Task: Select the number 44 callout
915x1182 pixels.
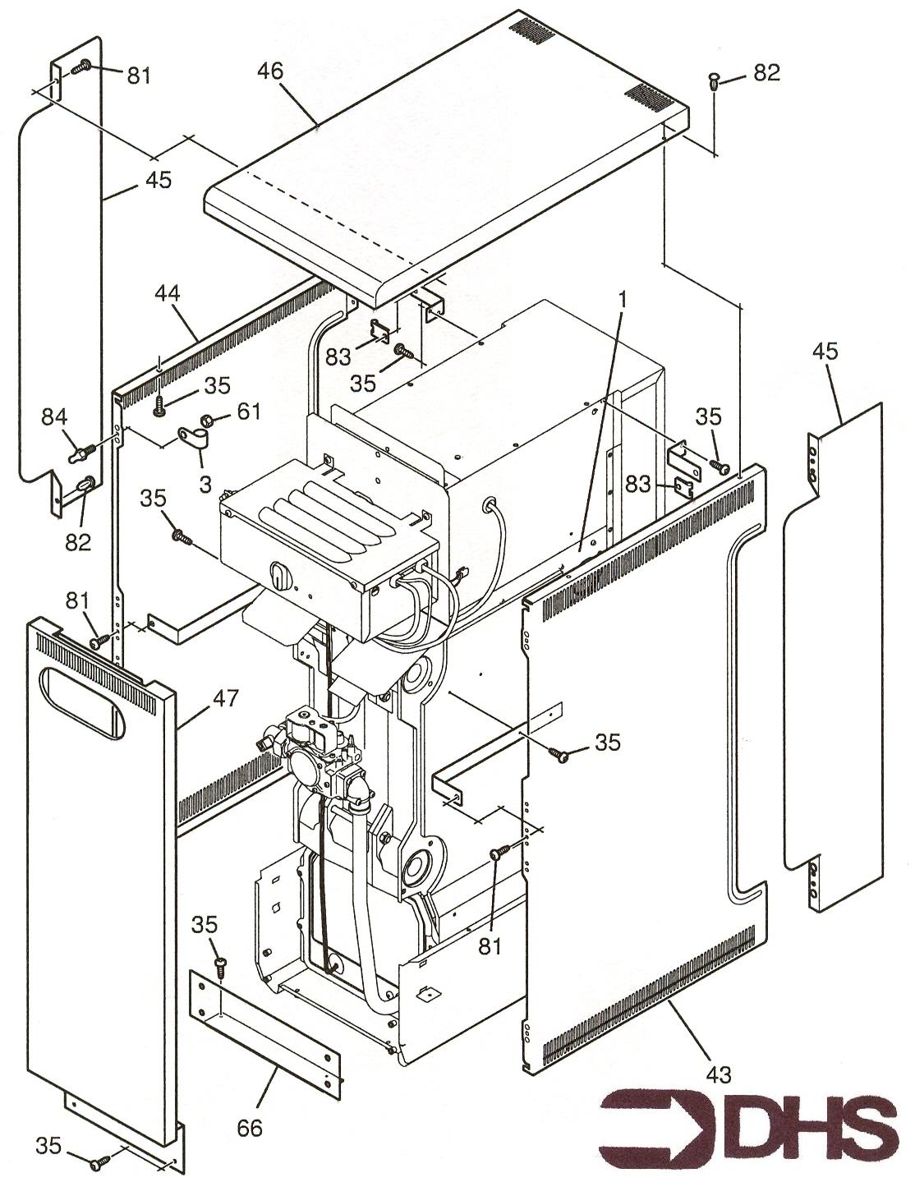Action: tap(167, 293)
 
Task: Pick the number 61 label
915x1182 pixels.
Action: tap(247, 411)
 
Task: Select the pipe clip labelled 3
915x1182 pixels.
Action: tap(192, 437)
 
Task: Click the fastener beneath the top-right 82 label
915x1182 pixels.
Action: tap(714, 80)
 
